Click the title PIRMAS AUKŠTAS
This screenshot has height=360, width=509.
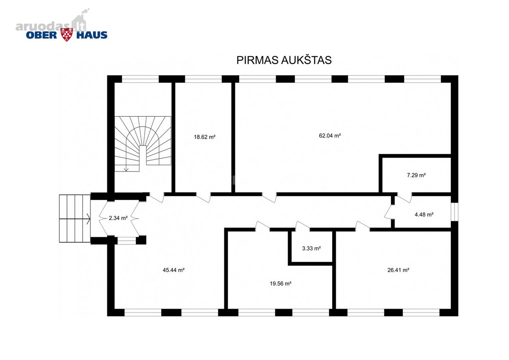click(284, 60)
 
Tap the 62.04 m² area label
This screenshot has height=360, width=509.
click(330, 135)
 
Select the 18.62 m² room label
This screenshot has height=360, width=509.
click(204, 137)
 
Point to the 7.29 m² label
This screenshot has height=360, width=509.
click(416, 175)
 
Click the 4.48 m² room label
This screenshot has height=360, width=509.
click(424, 214)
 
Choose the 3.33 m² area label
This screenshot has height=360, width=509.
click(311, 248)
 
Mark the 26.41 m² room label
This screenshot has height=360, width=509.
click(398, 270)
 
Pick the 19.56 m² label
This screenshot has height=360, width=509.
click(280, 284)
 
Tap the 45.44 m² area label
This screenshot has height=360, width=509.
click(173, 270)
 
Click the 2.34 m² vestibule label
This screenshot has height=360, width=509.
click(118, 218)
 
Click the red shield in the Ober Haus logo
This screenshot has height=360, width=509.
click(67, 35)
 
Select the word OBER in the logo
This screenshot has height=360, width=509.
click(42, 35)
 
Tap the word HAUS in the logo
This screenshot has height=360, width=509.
click(92, 35)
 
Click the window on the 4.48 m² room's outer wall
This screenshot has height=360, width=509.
click(454, 211)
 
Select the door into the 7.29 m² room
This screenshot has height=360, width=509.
click(405, 197)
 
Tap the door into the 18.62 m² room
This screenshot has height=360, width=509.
click(203, 197)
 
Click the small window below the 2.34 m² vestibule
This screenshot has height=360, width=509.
click(126, 241)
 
